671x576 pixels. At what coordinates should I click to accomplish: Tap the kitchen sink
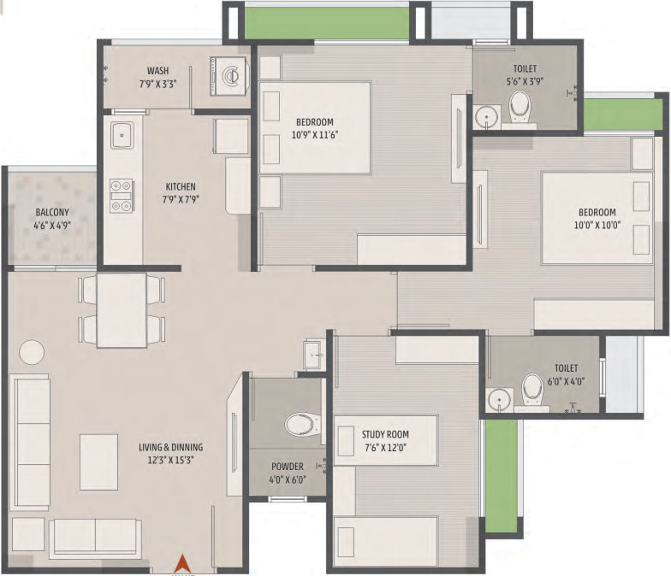122,135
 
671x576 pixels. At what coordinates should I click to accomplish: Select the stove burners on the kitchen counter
120,195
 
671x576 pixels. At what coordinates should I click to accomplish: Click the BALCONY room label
51,213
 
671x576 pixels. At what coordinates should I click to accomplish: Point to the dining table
122,309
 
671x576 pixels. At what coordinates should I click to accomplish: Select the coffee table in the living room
98,461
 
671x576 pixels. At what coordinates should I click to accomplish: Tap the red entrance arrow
181,564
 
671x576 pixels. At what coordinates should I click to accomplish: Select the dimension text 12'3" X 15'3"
171,460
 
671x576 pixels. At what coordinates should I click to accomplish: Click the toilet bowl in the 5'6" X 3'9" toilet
520,106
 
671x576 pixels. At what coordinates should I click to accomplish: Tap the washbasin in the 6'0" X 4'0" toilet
496,399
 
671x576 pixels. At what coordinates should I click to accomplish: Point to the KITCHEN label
181,186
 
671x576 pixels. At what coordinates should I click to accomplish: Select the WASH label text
157,71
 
